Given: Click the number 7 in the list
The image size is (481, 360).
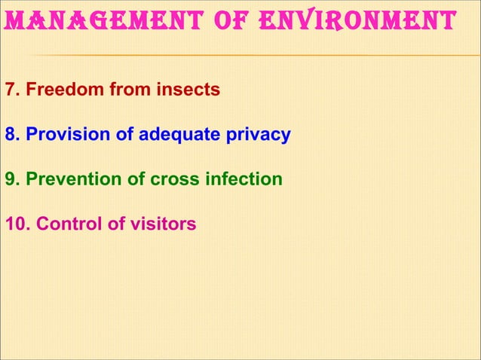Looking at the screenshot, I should pos(11,91).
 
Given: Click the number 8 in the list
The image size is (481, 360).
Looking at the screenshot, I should pos(11,136).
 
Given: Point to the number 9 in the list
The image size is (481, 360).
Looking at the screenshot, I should pos(11,180).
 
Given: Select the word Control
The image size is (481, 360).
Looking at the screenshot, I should pos(65,224).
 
